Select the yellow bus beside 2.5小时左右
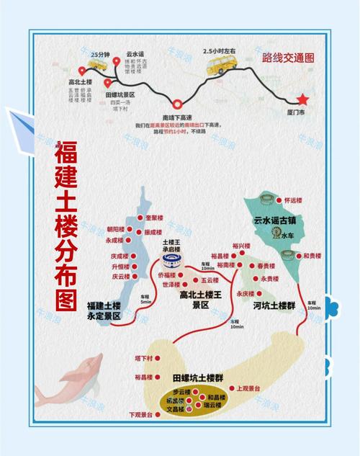(x=219, y=67)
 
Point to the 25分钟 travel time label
(x=101, y=54)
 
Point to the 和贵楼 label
(x=312, y=256)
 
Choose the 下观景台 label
(x=140, y=414)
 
